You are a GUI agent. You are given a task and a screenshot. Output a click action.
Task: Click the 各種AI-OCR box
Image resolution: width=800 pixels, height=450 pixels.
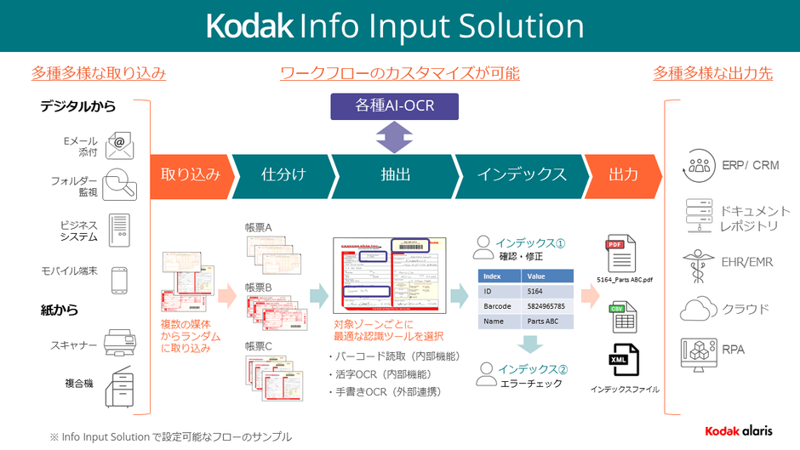[394, 106]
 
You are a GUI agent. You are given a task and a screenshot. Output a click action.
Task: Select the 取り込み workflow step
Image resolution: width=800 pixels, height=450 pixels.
[190, 174]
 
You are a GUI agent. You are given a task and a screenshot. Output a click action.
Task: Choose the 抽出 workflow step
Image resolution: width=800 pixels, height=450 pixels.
[395, 174]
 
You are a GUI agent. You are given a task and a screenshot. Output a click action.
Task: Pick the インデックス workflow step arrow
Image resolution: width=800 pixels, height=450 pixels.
[521, 174]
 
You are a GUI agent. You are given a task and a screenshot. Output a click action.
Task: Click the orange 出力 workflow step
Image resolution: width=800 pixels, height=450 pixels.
[623, 174]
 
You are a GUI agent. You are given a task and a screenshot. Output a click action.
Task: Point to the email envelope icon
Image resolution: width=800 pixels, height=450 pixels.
[120, 145]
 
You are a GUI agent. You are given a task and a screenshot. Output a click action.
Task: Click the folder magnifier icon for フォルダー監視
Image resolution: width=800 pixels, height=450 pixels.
[119, 185]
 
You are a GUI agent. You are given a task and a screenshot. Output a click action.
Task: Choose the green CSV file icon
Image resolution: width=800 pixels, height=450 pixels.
[622, 316]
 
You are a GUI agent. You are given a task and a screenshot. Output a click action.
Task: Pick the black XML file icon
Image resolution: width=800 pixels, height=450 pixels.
[622, 362]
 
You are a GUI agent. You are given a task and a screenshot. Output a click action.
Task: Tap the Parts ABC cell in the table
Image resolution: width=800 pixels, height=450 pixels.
[545, 322]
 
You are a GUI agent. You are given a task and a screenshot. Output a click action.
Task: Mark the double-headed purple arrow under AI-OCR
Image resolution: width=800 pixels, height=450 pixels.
[394, 135]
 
